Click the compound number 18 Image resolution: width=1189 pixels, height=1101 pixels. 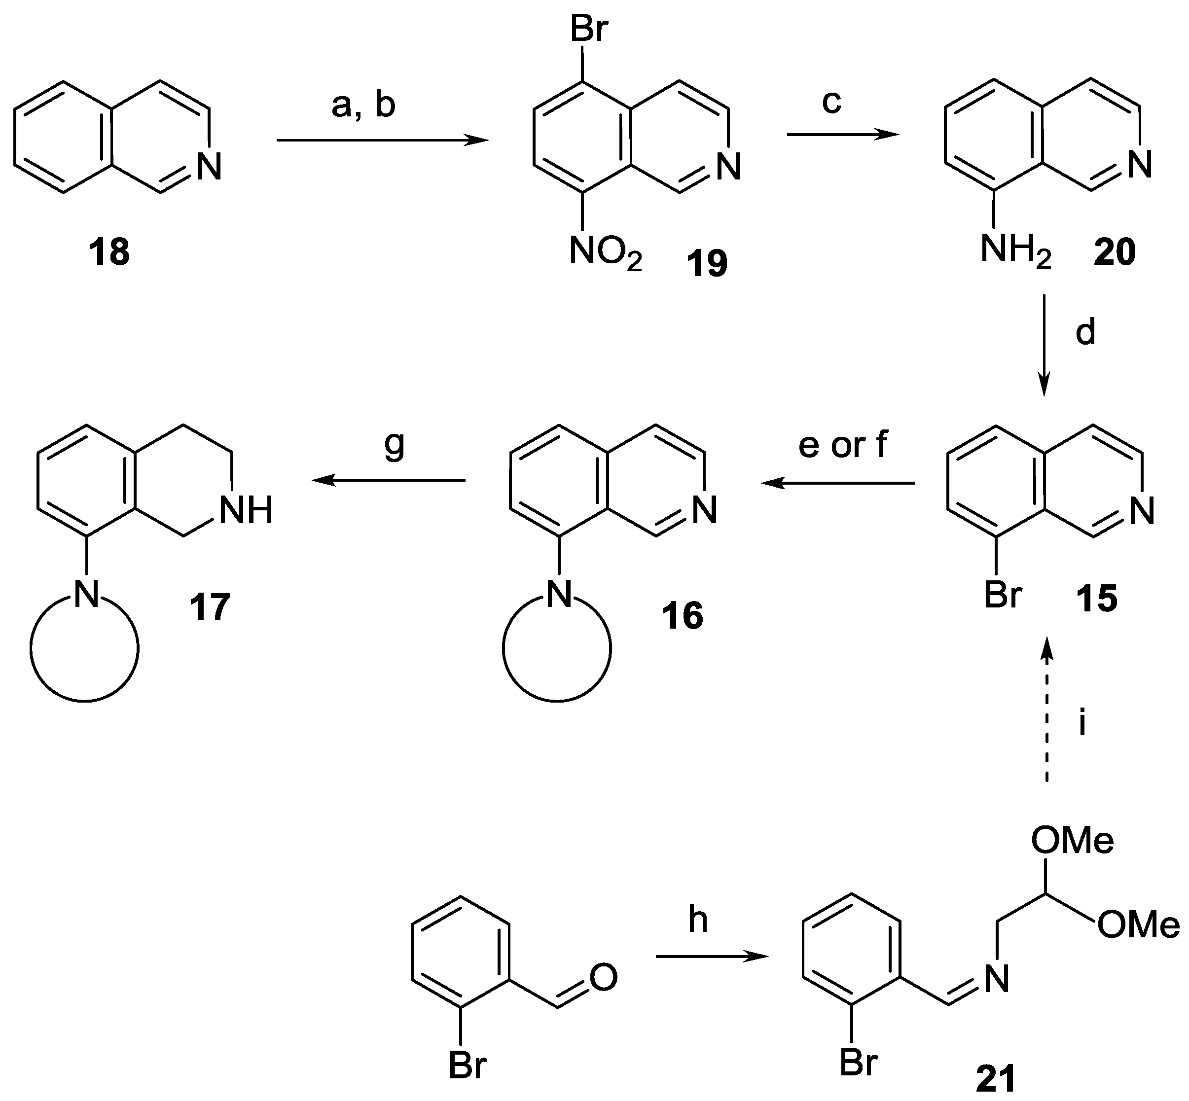[109, 252]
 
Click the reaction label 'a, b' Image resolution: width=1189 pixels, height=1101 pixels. [363, 106]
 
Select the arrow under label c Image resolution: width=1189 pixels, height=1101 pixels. [843, 135]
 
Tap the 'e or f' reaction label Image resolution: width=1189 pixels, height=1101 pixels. [843, 446]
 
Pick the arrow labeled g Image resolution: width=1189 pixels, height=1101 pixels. [389, 480]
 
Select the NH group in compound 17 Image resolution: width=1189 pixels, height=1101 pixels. [246, 511]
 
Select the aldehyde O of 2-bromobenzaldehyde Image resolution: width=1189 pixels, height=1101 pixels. [603, 978]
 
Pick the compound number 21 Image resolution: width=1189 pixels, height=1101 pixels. [995, 1080]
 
